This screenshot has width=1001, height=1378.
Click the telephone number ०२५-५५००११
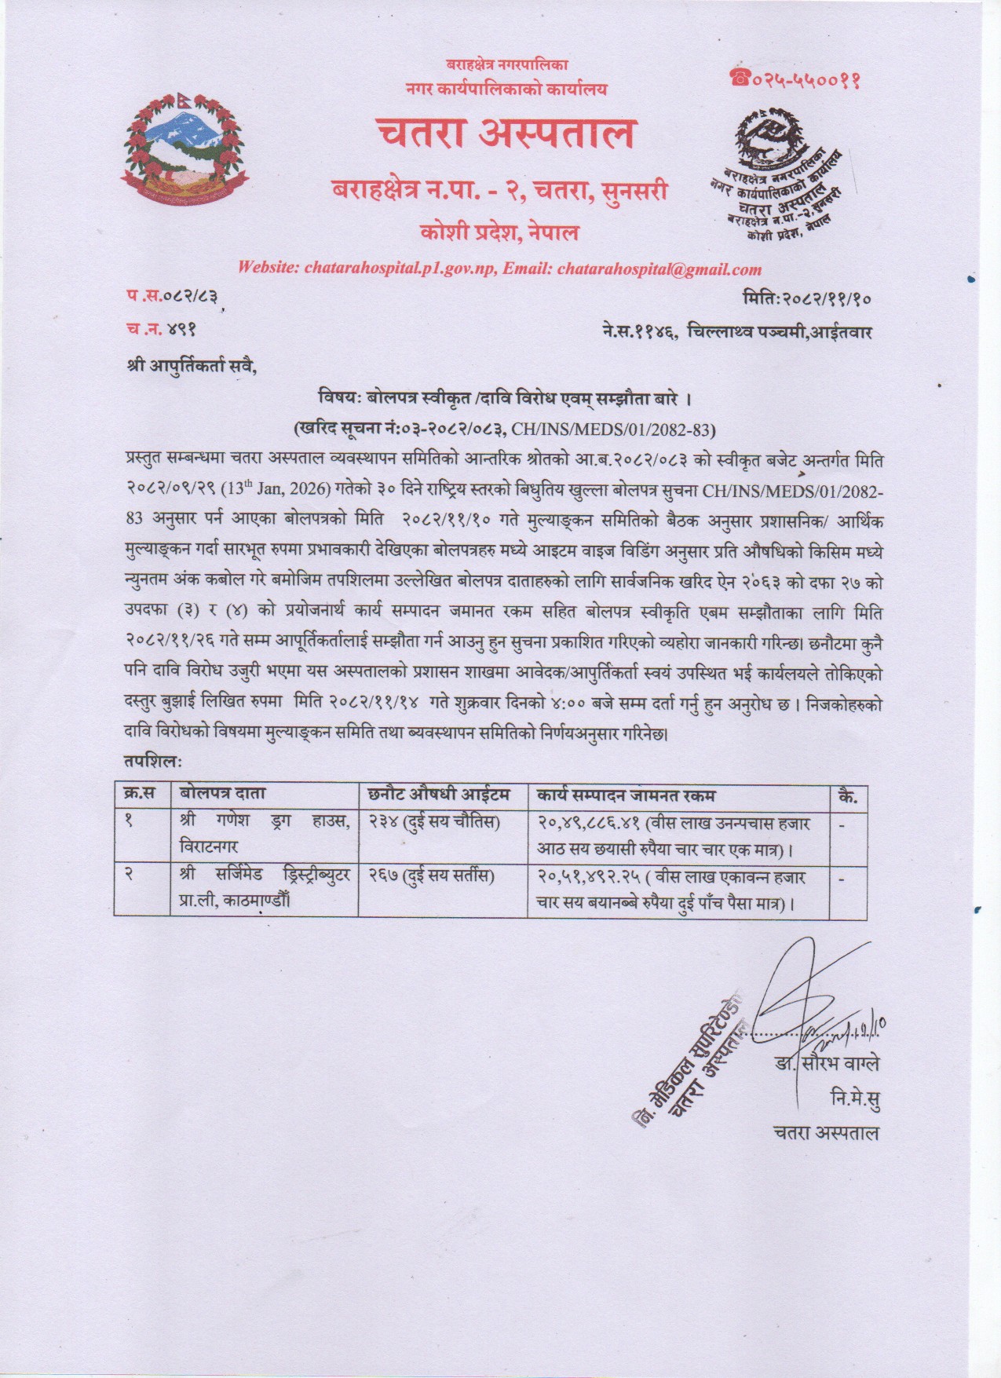click(794, 79)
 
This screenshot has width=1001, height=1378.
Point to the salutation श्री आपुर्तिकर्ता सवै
click(192, 365)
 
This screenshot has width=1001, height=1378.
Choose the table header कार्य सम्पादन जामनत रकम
click(627, 794)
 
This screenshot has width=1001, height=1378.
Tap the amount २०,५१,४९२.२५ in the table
click(590, 876)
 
